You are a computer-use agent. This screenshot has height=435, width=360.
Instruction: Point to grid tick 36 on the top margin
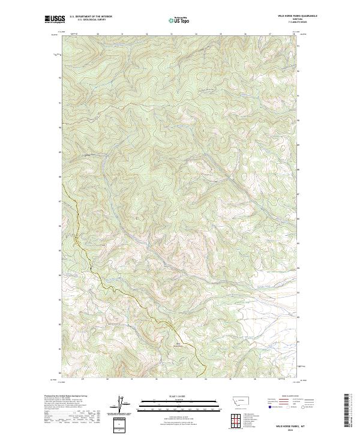(245, 34)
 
